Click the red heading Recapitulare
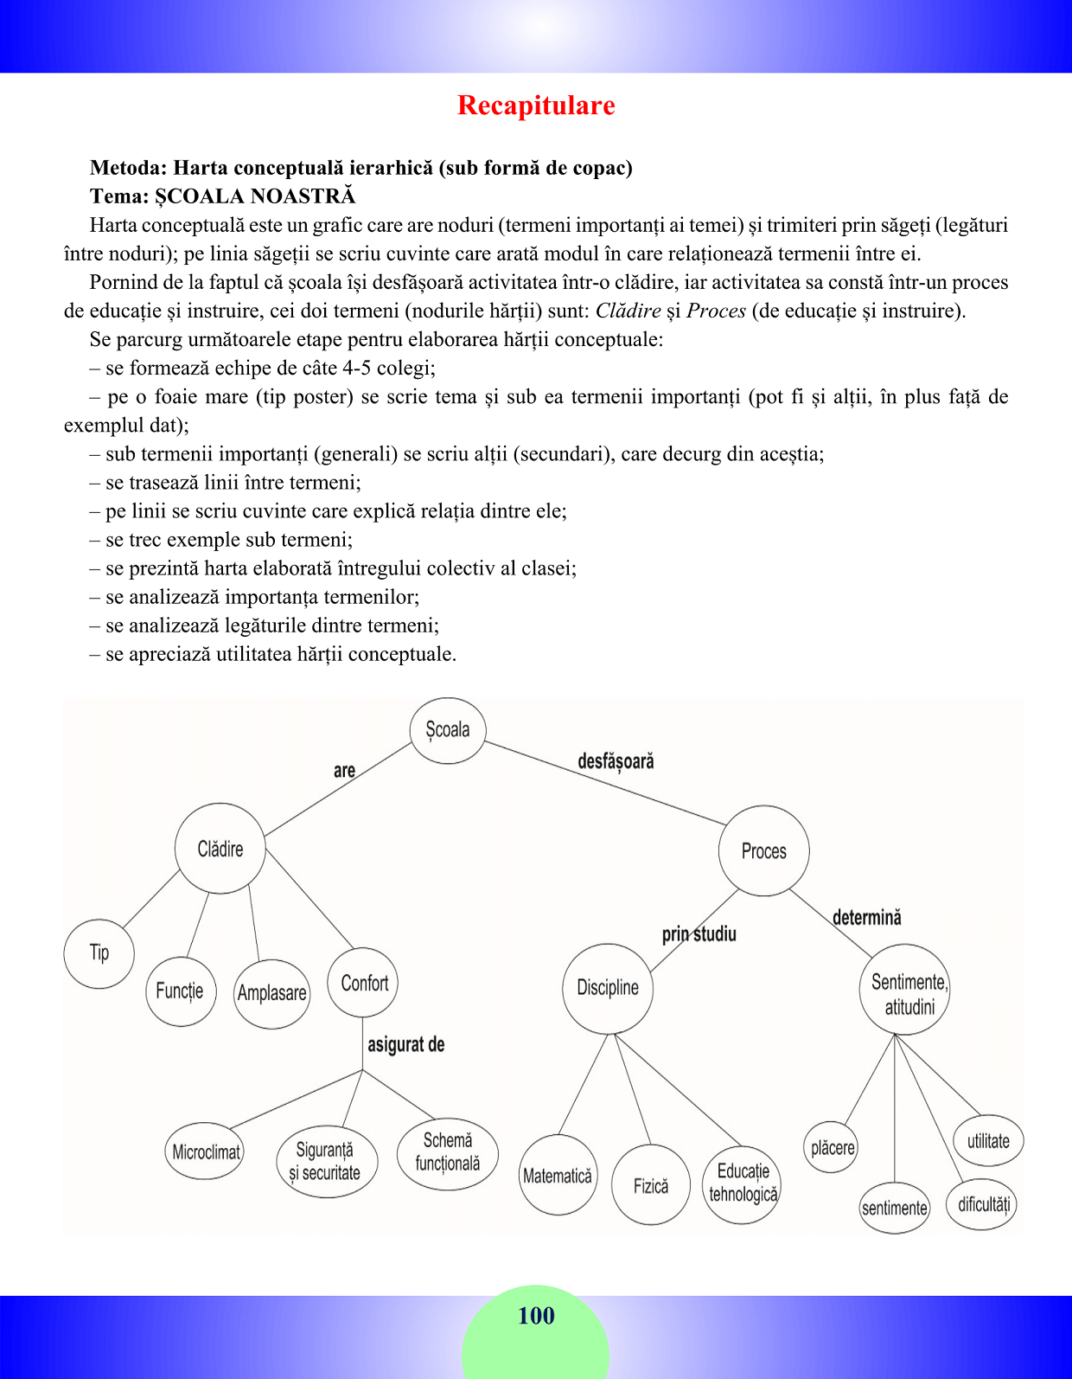click(536, 106)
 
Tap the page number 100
click(536, 1316)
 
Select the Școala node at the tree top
click(448, 730)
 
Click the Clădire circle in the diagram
click(220, 849)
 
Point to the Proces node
click(764, 850)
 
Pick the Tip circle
click(99, 952)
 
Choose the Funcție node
click(180, 991)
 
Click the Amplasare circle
click(272, 993)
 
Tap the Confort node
click(364, 983)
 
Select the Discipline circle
click(608, 988)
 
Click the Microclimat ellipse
click(206, 1151)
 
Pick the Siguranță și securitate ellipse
click(325, 1161)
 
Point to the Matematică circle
click(558, 1176)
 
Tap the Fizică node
click(650, 1185)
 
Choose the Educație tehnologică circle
click(743, 1183)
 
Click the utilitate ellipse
click(988, 1141)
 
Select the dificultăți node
click(981, 1204)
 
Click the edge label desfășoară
click(616, 761)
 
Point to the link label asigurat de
click(405, 1044)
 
